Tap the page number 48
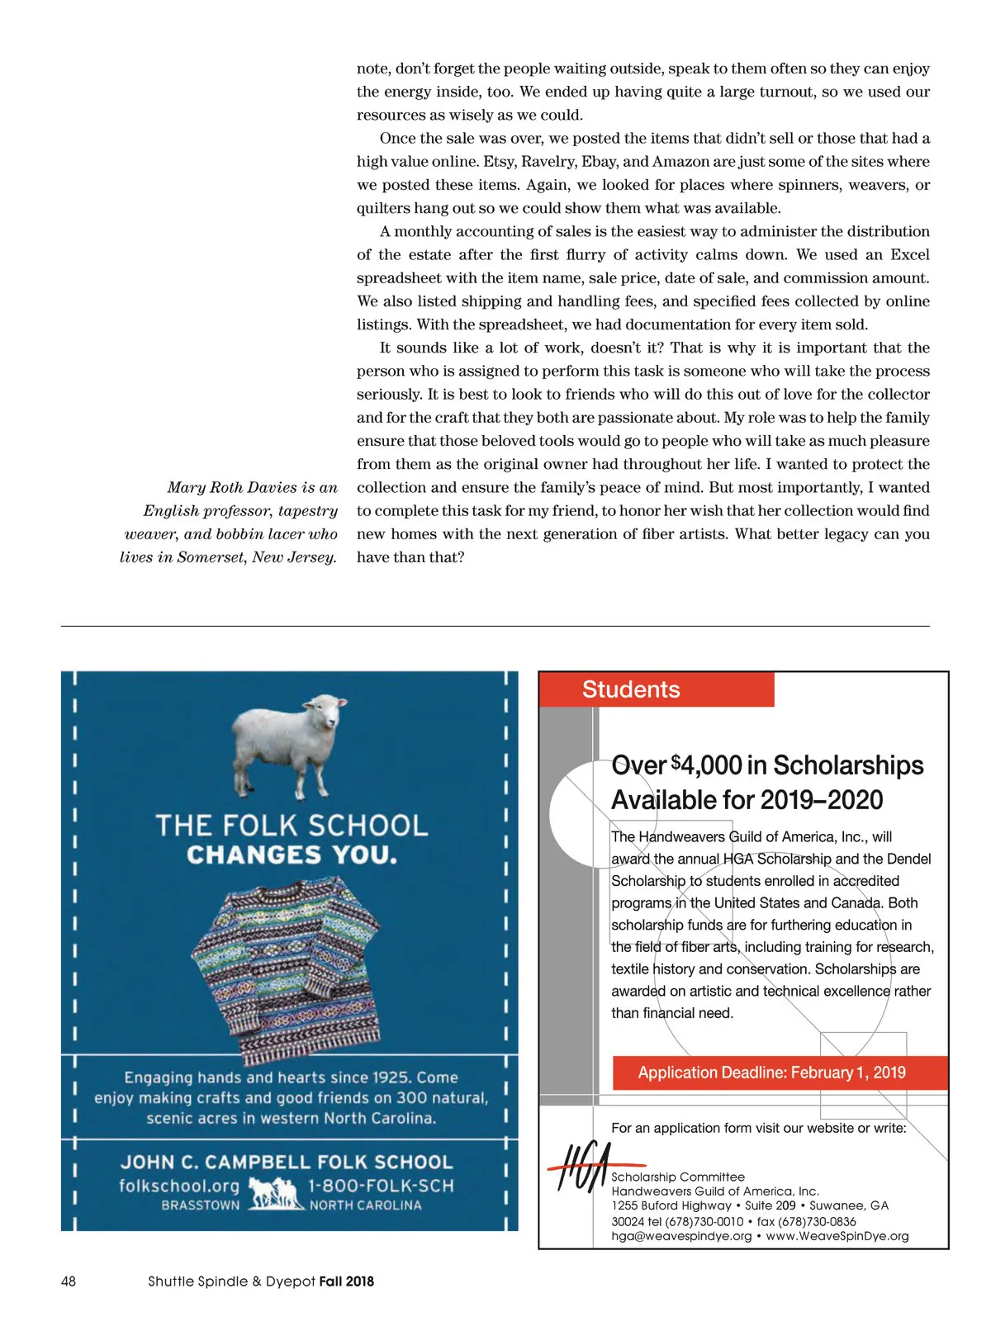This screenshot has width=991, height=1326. [69, 1281]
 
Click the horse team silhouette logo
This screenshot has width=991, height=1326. [273, 1193]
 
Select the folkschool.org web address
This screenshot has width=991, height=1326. [179, 1186]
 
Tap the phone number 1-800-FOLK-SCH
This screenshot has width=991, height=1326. [381, 1186]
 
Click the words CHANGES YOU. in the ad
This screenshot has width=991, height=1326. [292, 855]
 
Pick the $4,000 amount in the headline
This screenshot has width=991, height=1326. [707, 765]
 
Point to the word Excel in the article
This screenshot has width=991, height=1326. [910, 255]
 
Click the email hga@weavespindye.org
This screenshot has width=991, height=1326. [681, 1236]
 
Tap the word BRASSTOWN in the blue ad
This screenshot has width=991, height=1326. [201, 1205]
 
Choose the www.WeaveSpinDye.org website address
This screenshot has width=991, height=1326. [837, 1236]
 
